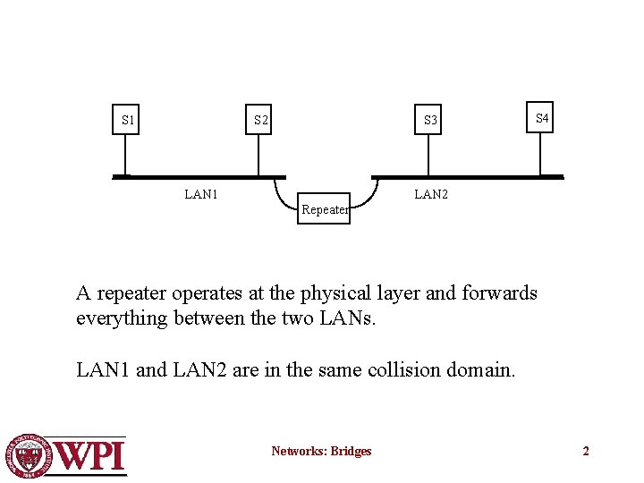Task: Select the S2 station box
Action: tap(259, 120)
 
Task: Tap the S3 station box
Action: tap(430, 120)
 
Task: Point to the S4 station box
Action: tap(541, 118)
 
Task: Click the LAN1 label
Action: tap(201, 193)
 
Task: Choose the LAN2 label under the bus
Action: tap(431, 193)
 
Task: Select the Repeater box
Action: tap(324, 209)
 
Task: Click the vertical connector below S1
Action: tap(127, 155)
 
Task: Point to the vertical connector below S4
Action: tap(541, 153)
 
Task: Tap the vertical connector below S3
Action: tap(430, 155)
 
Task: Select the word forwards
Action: tap(499, 293)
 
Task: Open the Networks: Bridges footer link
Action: tap(321, 451)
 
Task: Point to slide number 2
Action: tap(586, 451)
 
